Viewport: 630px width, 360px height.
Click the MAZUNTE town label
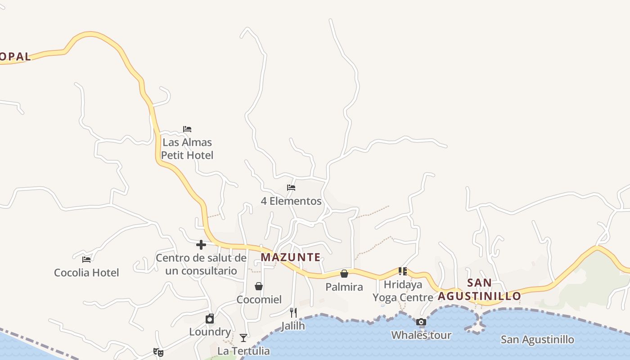pyautogui.click(x=291, y=257)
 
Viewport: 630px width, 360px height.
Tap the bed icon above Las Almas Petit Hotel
pyautogui.click(x=187, y=129)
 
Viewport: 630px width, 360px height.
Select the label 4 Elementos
pyautogui.click(x=291, y=201)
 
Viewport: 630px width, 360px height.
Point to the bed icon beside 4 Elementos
pyautogui.click(x=291, y=188)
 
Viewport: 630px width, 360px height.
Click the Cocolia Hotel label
pyautogui.click(x=86, y=273)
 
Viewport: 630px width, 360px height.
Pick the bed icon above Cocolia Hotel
pyautogui.click(x=86, y=259)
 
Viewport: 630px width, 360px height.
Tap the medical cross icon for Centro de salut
pyautogui.click(x=201, y=245)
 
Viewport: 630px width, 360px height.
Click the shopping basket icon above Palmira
pyautogui.click(x=344, y=274)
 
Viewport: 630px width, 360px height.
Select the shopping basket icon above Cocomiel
pyautogui.click(x=259, y=286)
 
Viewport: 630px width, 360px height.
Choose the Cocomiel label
pyautogui.click(x=259, y=300)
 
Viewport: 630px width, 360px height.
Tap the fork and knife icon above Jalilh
pyautogui.click(x=293, y=312)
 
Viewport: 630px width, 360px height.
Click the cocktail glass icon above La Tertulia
pyautogui.click(x=243, y=337)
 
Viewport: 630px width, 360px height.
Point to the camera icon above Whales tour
pyautogui.click(x=421, y=322)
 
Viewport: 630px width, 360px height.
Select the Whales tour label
pyautogui.click(x=421, y=335)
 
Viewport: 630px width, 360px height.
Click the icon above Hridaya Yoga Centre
pyautogui.click(x=403, y=271)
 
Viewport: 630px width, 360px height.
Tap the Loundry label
pyautogui.click(x=210, y=332)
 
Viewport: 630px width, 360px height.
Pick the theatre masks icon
pyautogui.click(x=158, y=352)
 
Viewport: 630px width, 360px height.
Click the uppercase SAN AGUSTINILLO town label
pyautogui.click(x=479, y=289)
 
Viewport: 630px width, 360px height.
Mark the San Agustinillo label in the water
pyautogui.click(x=537, y=339)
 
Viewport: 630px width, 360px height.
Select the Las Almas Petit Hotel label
pyautogui.click(x=187, y=149)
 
